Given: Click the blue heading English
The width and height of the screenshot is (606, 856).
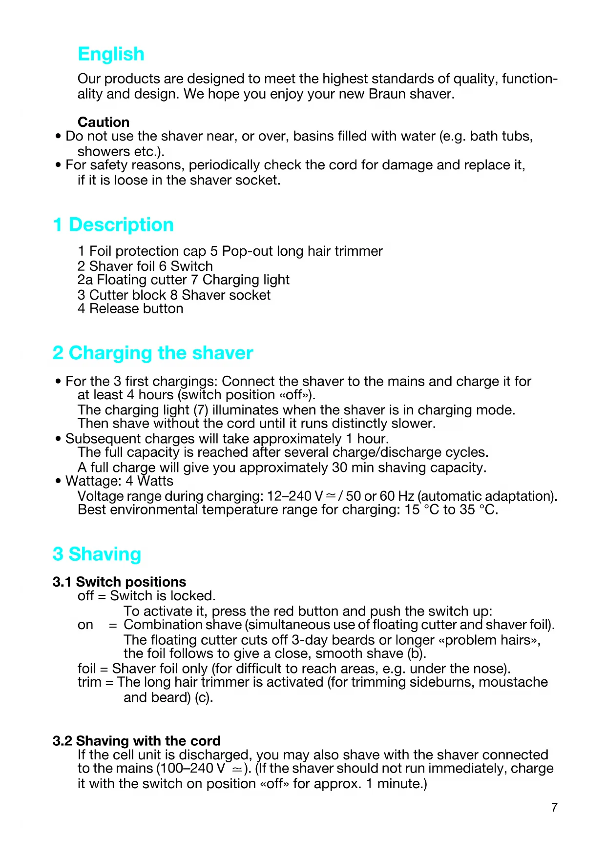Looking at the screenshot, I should [x=111, y=54].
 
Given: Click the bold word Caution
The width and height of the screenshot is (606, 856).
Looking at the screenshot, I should [x=104, y=122].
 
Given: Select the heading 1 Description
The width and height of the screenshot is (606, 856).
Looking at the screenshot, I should [x=113, y=225].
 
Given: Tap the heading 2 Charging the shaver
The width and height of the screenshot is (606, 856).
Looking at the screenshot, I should [x=153, y=353].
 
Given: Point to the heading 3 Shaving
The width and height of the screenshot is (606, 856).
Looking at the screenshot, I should [x=97, y=554].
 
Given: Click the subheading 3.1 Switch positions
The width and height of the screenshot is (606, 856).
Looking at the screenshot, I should [x=119, y=582].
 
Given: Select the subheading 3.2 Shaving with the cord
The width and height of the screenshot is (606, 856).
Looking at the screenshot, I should [x=137, y=741].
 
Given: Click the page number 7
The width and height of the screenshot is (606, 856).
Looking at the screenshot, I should [x=554, y=808].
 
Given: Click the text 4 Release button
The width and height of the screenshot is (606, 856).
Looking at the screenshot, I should [x=130, y=309].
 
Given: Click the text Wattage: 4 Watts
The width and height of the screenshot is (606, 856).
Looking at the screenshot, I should [x=119, y=481].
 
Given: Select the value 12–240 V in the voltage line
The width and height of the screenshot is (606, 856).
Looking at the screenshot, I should [x=294, y=496].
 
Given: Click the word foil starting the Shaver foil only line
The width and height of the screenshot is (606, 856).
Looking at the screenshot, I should [x=86, y=669].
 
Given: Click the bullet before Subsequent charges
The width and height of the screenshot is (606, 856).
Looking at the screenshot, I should [x=58, y=439].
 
